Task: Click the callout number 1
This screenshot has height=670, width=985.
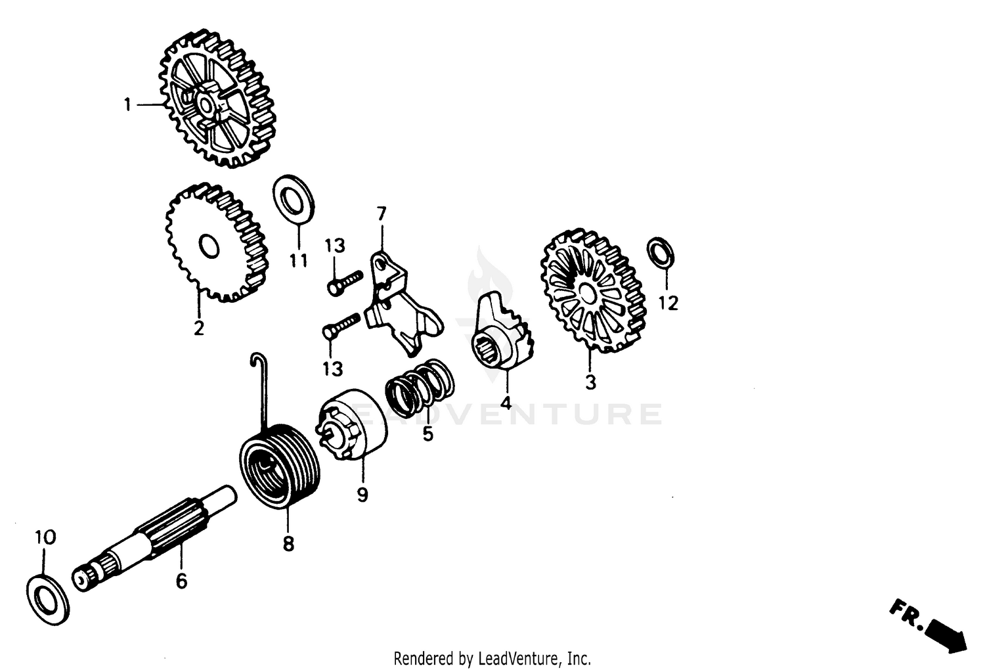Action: coord(128,104)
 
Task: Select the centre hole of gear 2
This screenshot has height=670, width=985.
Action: coord(208,247)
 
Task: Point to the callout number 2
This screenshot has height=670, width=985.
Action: coord(198,328)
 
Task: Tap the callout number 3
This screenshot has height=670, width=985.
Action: coord(590,382)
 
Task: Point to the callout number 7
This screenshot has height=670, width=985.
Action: coord(382,213)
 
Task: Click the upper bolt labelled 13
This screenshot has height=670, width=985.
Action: coord(344,281)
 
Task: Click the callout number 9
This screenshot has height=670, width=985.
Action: coord(362,494)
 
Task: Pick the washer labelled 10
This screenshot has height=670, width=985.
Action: coord(49,598)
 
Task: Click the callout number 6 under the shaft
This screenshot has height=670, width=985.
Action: coord(181,581)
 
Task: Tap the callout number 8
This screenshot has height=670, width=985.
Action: coord(288,544)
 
